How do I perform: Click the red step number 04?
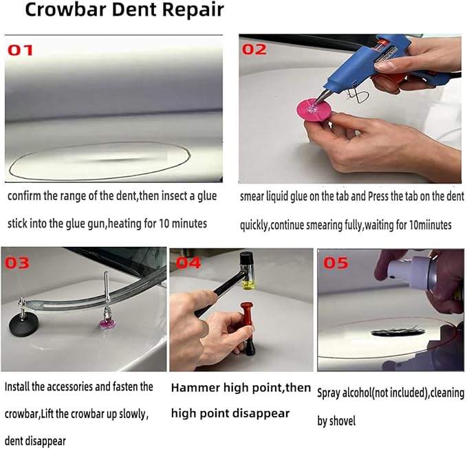(189, 263)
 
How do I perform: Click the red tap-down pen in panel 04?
(248, 326)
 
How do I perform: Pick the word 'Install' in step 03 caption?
(19, 387)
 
